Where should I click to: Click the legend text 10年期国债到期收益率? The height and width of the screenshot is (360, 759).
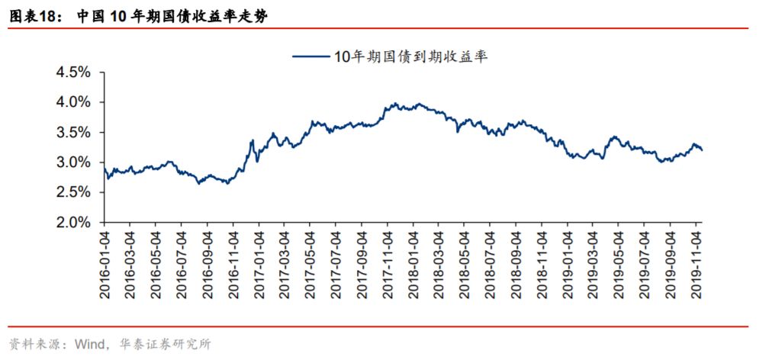coord(410,55)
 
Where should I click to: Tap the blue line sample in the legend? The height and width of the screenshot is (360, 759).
coord(310,56)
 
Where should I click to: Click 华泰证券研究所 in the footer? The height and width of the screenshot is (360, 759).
coord(162,344)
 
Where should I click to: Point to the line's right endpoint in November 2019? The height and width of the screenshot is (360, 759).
coord(702,150)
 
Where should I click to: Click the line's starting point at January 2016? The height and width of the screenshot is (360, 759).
coord(104,168)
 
